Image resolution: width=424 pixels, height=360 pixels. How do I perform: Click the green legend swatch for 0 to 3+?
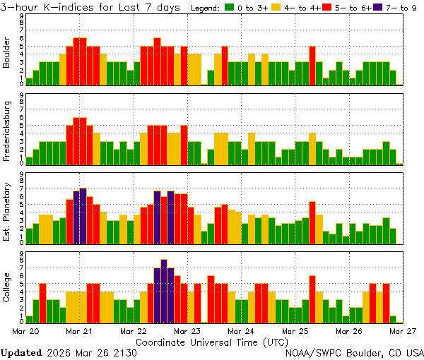click(230, 8)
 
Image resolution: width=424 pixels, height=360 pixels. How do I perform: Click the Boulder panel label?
click(6, 53)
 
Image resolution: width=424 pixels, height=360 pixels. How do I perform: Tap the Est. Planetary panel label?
click(6, 211)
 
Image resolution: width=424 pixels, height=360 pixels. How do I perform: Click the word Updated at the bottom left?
click(20, 352)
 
